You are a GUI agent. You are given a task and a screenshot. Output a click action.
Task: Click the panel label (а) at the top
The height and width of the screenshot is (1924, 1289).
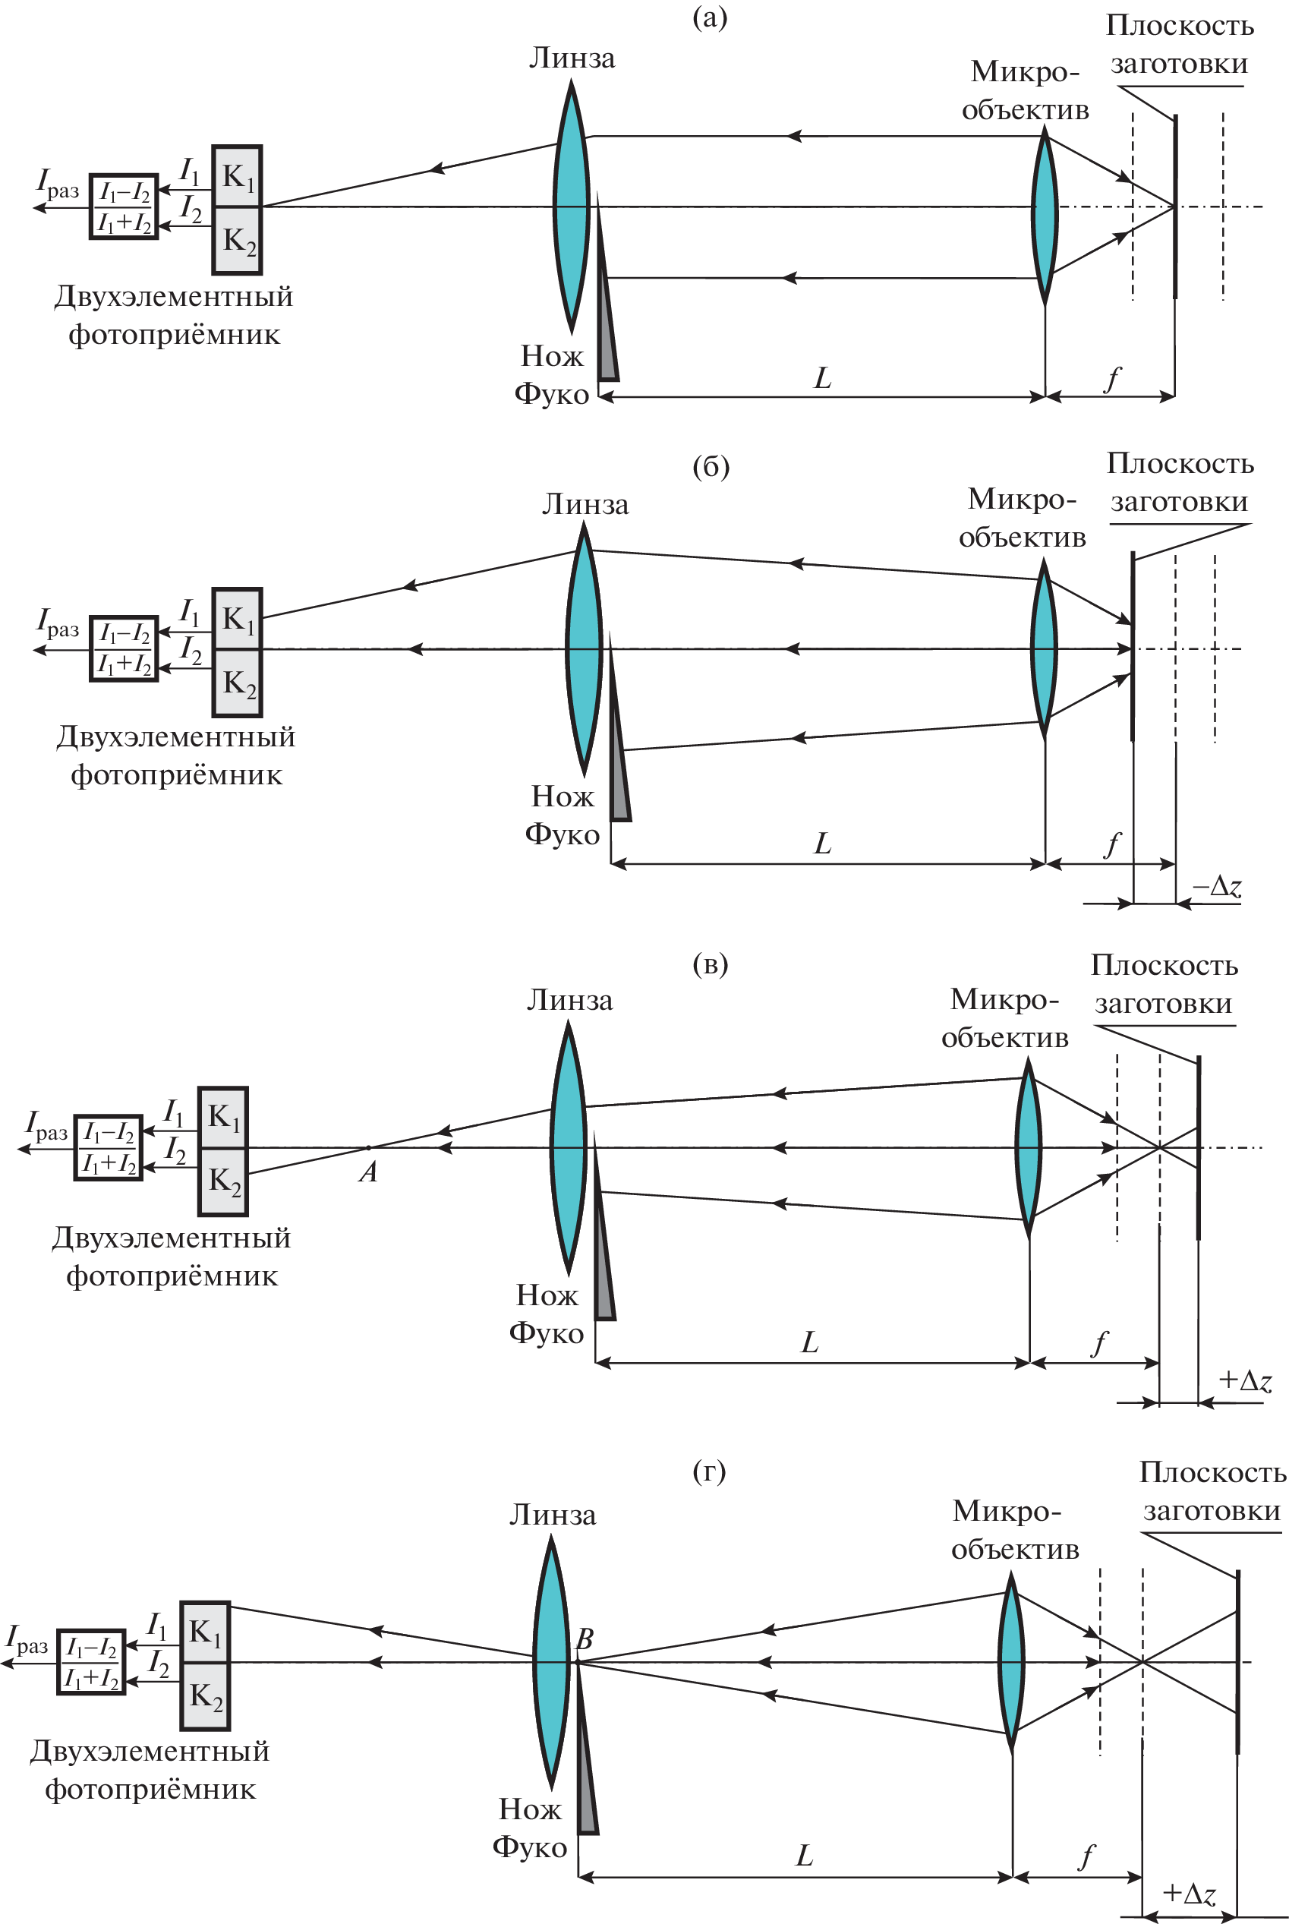pos(710,17)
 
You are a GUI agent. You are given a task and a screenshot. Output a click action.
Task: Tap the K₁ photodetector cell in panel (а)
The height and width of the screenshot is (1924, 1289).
pos(238,177)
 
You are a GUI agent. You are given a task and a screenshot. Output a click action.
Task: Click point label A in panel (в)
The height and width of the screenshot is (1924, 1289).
pos(368,1172)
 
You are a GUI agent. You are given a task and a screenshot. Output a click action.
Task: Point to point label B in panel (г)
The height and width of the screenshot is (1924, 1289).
pos(585,1638)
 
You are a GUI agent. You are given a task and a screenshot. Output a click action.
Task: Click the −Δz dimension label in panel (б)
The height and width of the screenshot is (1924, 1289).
pos(1218,886)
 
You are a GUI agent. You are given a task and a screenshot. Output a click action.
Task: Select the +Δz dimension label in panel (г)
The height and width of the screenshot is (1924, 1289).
pos(1189,1893)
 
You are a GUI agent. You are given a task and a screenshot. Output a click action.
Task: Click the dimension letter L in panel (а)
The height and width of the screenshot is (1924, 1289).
pos(823,378)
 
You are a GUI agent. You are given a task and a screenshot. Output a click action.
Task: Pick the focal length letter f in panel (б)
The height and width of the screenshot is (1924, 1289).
pos(1112,844)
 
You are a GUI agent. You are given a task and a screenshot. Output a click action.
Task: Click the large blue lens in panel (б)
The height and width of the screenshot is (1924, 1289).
pos(584,649)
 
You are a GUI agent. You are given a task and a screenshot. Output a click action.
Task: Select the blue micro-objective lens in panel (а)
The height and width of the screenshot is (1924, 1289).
pos(1045,216)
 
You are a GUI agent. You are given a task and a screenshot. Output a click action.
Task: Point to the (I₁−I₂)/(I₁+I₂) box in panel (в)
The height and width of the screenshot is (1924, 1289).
pos(109,1148)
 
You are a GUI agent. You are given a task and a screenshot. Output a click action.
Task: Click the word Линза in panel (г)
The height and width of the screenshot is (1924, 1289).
pos(553,1515)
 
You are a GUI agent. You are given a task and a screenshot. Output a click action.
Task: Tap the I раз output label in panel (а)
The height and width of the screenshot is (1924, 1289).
pos(58,185)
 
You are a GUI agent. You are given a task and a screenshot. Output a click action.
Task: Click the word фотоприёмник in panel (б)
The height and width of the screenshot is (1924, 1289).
pos(176,774)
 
